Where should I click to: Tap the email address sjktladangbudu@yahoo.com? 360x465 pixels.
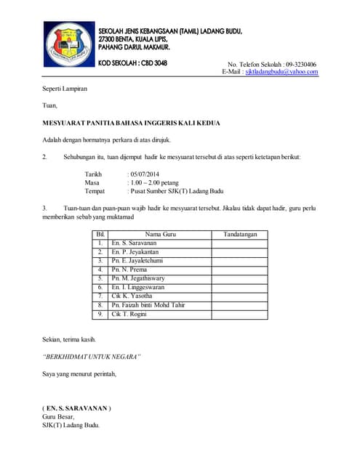281,72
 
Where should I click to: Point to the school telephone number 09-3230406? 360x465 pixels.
300,64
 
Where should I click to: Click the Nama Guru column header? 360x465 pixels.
160,235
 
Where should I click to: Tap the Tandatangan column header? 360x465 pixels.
239,235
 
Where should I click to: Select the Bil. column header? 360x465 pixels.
100,235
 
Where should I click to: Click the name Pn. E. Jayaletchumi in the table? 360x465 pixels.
137,260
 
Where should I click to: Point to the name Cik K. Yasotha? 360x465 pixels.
132,296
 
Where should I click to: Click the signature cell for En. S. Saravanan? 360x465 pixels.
239,243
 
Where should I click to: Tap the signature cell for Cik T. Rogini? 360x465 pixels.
239,314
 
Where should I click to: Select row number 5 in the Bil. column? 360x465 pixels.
100,278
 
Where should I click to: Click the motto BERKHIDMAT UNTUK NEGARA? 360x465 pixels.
91,357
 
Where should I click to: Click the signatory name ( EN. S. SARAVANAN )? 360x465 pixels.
76,408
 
